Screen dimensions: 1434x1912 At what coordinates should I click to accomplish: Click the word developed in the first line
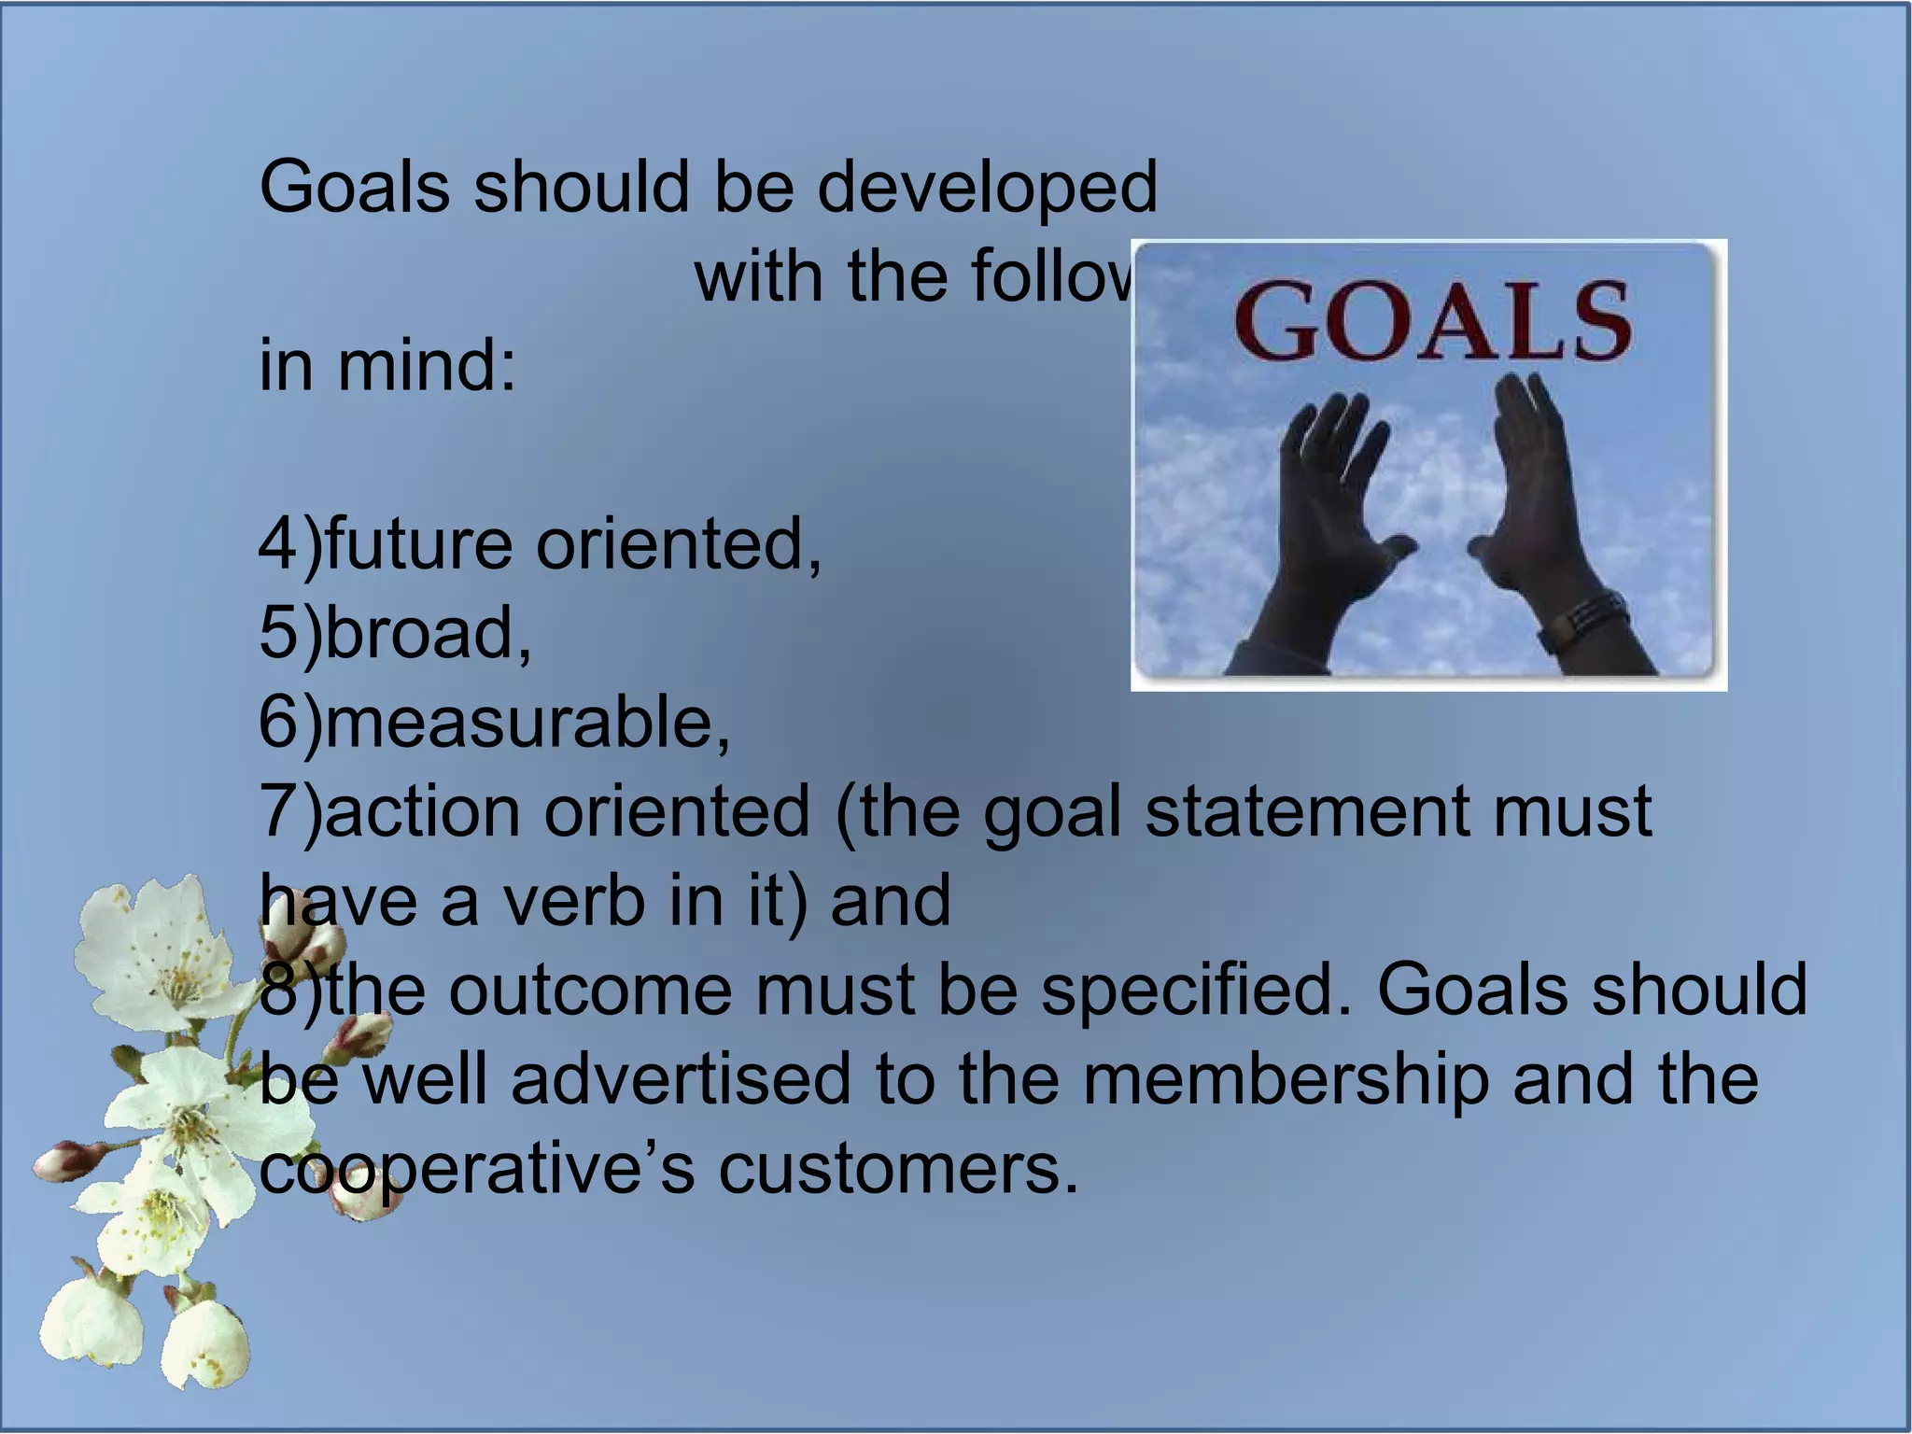click(987, 187)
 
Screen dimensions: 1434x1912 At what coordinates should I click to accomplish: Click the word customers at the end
click(897, 1169)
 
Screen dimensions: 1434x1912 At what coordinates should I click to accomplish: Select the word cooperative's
click(476, 1169)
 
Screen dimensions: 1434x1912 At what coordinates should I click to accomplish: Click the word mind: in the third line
click(426, 365)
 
